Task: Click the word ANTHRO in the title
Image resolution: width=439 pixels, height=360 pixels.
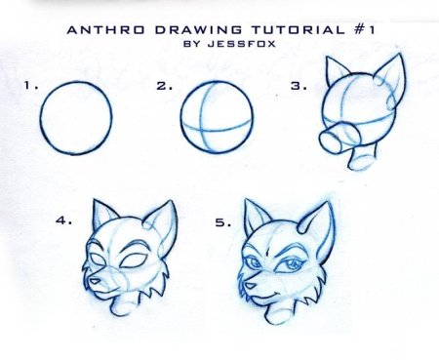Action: point(106,30)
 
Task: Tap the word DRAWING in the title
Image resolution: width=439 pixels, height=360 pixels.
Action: point(198,30)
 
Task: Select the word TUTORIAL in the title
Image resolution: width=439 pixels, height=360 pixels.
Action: point(298,30)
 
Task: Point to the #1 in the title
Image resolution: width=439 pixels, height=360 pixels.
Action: point(364,30)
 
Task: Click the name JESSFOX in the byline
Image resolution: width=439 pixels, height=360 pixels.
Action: point(242,44)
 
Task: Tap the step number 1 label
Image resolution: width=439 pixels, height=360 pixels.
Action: point(31,86)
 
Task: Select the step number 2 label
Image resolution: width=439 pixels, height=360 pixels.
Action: point(165,86)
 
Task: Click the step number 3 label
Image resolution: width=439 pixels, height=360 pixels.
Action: point(299,86)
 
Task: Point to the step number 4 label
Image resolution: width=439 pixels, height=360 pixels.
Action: point(63,220)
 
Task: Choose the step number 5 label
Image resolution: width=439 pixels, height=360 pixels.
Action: point(223,222)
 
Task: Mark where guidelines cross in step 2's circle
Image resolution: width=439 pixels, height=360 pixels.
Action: point(202,131)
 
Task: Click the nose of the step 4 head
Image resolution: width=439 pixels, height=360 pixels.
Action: point(95,281)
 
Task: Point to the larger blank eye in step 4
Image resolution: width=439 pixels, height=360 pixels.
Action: point(134,261)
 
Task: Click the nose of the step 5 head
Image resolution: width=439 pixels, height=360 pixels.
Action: point(250,286)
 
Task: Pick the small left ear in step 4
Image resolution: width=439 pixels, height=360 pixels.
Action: point(103,214)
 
